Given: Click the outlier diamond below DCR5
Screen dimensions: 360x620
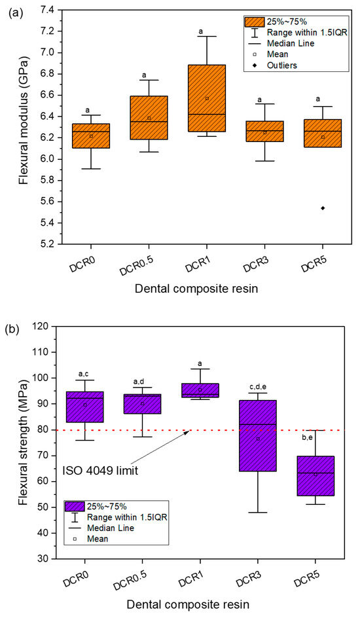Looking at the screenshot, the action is pyautogui.click(x=323, y=208).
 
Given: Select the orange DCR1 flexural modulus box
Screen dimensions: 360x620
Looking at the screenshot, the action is pyautogui.click(x=207, y=98).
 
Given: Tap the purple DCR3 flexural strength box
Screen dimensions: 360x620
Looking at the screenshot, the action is pyautogui.click(x=258, y=436).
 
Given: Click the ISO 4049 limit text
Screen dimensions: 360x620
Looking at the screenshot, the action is pyautogui.click(x=100, y=471).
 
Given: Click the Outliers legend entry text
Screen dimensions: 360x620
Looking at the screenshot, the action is pyautogui.click(x=281, y=65).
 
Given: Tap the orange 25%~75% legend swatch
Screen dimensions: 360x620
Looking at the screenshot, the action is pyautogui.click(x=255, y=22).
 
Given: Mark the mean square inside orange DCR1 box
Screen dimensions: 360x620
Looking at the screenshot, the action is pyautogui.click(x=207, y=98).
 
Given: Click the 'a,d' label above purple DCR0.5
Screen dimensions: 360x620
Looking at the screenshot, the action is pyautogui.click(x=142, y=381).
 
